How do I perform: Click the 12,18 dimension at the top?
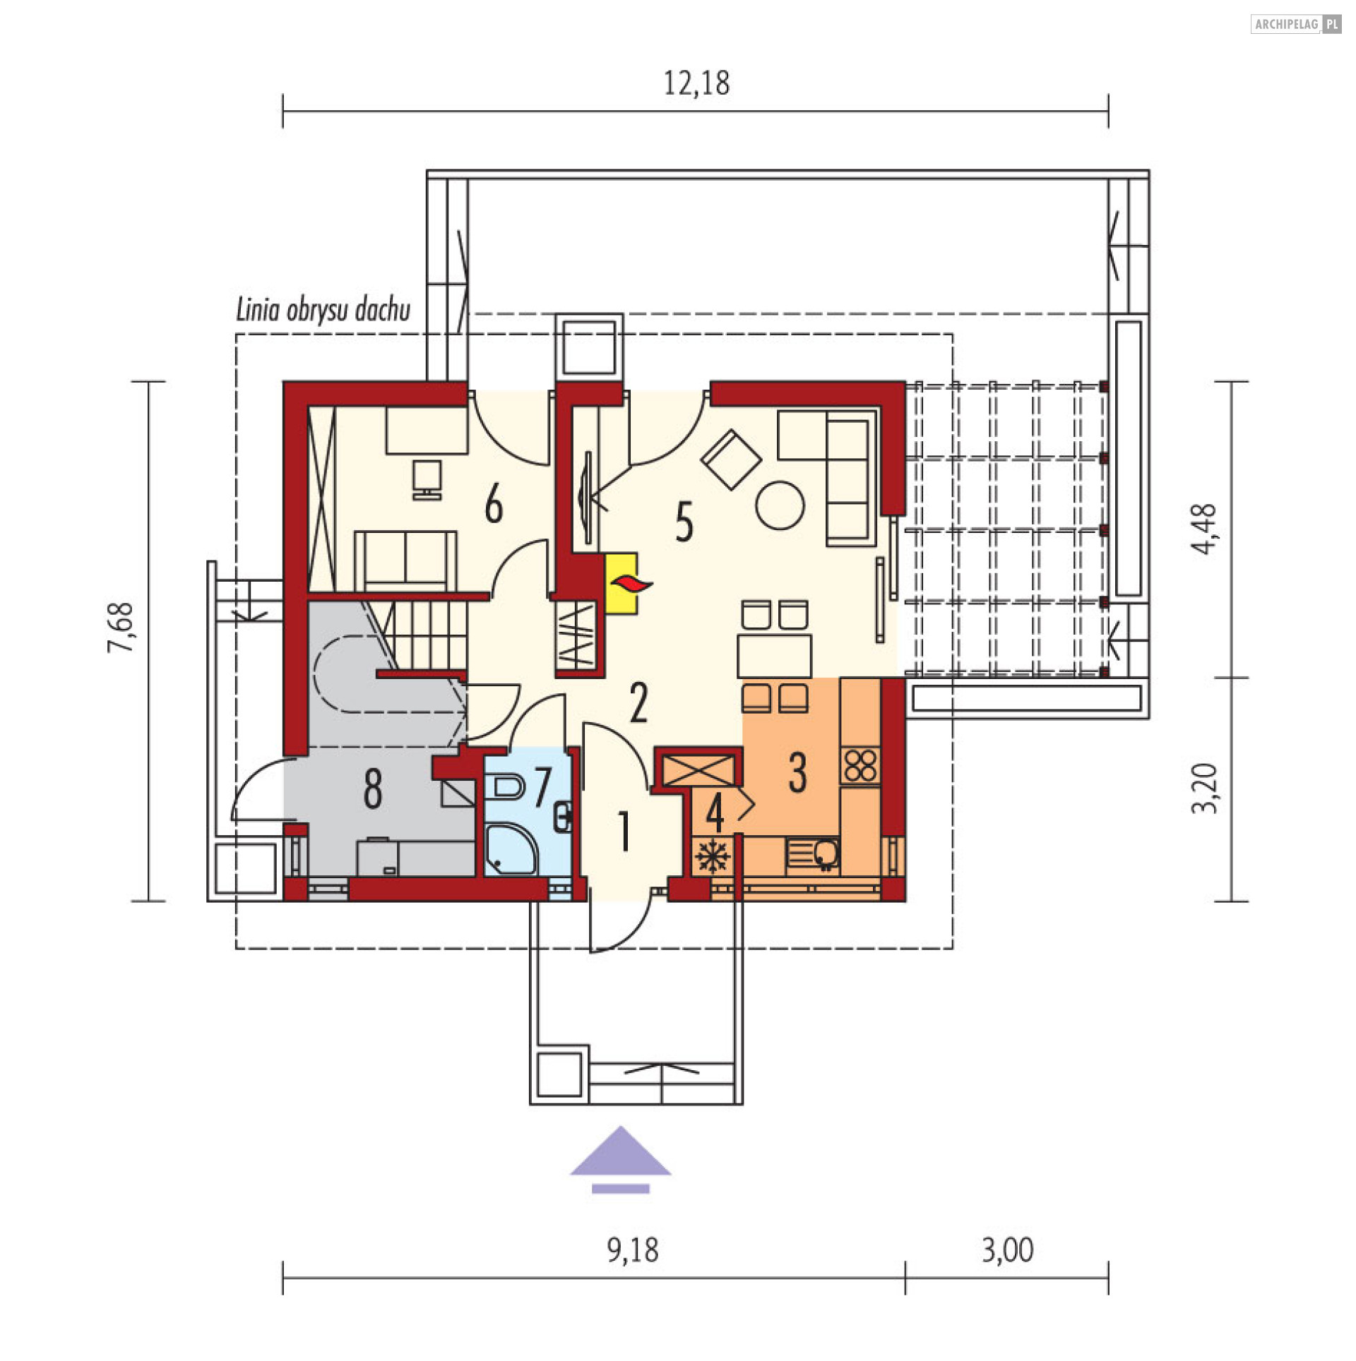(696, 83)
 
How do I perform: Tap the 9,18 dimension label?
(633, 1250)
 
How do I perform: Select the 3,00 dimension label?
(1008, 1250)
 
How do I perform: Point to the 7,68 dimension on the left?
(121, 627)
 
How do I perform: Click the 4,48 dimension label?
(1204, 529)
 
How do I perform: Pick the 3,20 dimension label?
(1204, 789)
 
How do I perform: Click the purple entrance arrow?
(620, 1159)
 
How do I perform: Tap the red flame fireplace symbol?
(631, 583)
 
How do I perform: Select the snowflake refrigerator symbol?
(712, 857)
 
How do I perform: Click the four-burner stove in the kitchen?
(860, 765)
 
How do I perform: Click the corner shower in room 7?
(511, 849)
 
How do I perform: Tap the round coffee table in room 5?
(780, 505)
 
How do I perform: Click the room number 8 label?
(372, 789)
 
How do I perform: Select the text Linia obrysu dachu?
(323, 310)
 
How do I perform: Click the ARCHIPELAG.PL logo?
(1296, 25)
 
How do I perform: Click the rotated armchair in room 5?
(730, 460)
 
